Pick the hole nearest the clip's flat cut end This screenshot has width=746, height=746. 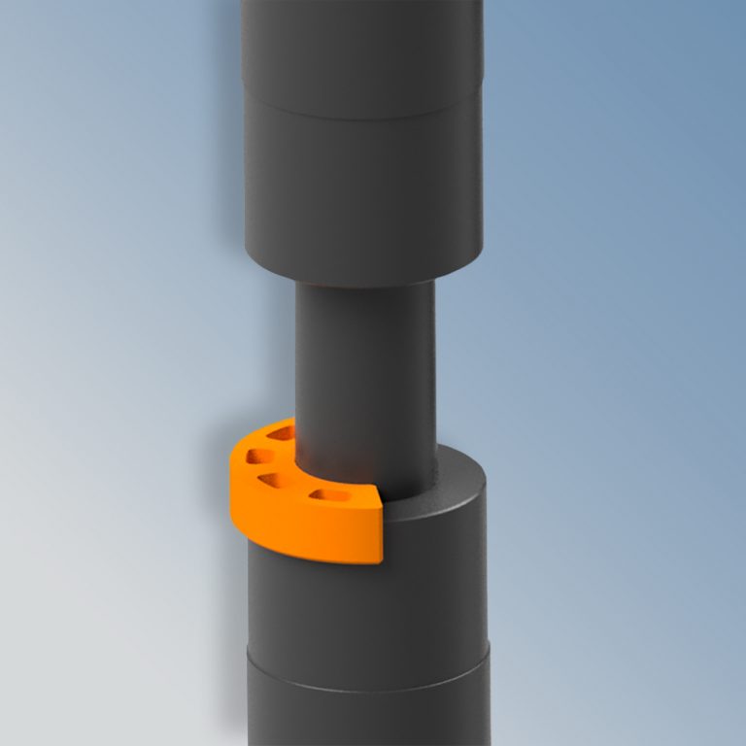click(329, 496)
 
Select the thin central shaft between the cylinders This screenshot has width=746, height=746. click(365, 369)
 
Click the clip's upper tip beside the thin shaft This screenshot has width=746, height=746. click(289, 423)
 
